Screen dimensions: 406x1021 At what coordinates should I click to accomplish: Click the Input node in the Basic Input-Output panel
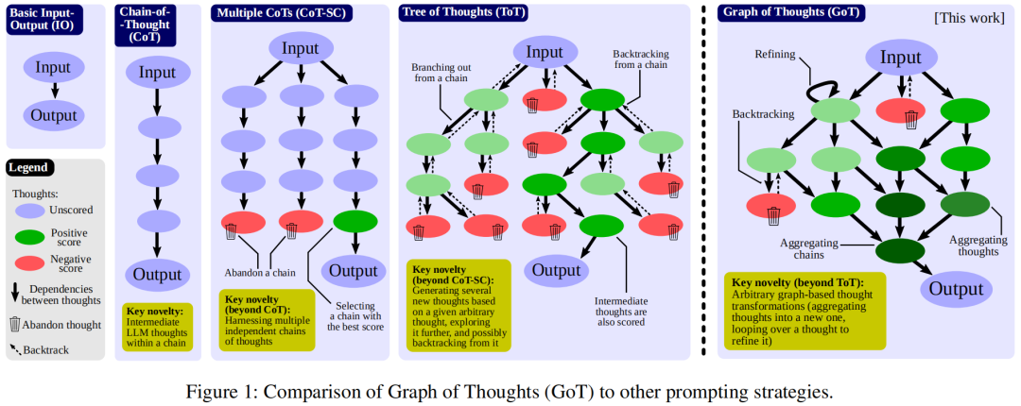(x=55, y=68)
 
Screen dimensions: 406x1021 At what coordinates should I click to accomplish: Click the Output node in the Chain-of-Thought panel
(x=156, y=275)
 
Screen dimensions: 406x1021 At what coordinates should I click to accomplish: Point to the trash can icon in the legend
(x=16, y=324)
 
